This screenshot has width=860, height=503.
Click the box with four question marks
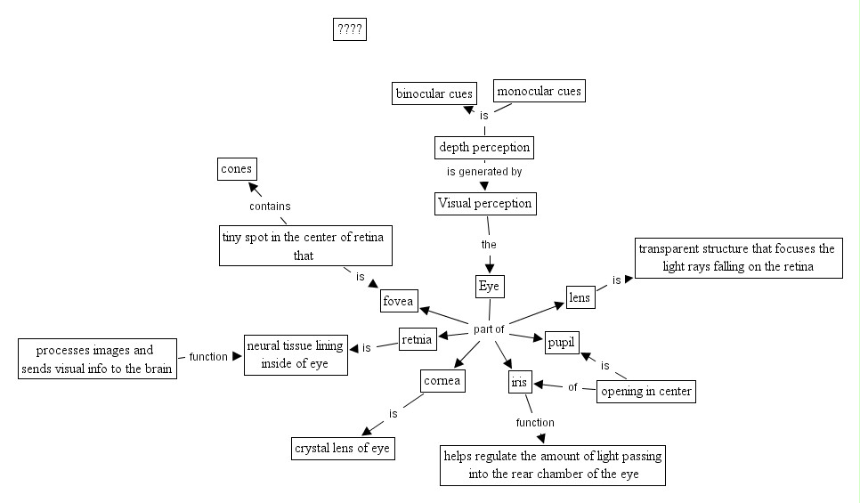(349, 29)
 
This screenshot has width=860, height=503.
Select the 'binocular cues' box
(434, 93)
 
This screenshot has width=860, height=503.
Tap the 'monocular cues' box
(539, 91)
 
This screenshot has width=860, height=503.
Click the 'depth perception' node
(484, 147)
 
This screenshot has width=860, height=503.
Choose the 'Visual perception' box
(485, 204)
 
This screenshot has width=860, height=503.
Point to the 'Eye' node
(490, 287)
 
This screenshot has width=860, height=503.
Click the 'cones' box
(238, 168)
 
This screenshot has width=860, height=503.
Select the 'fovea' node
(398, 302)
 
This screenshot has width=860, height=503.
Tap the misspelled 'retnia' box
(418, 339)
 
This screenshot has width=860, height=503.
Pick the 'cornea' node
(442, 381)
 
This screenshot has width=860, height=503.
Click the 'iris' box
(519, 383)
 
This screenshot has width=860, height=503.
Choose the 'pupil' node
(563, 342)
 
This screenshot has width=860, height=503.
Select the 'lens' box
(580, 297)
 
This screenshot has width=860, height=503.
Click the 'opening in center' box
(645, 391)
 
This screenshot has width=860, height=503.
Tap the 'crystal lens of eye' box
(343, 449)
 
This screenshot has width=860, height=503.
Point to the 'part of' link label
(490, 329)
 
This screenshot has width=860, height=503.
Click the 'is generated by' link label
(484, 172)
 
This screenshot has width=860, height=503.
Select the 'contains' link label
(270, 207)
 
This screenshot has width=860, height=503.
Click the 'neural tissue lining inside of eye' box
(296, 354)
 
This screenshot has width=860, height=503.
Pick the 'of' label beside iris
(572, 387)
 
